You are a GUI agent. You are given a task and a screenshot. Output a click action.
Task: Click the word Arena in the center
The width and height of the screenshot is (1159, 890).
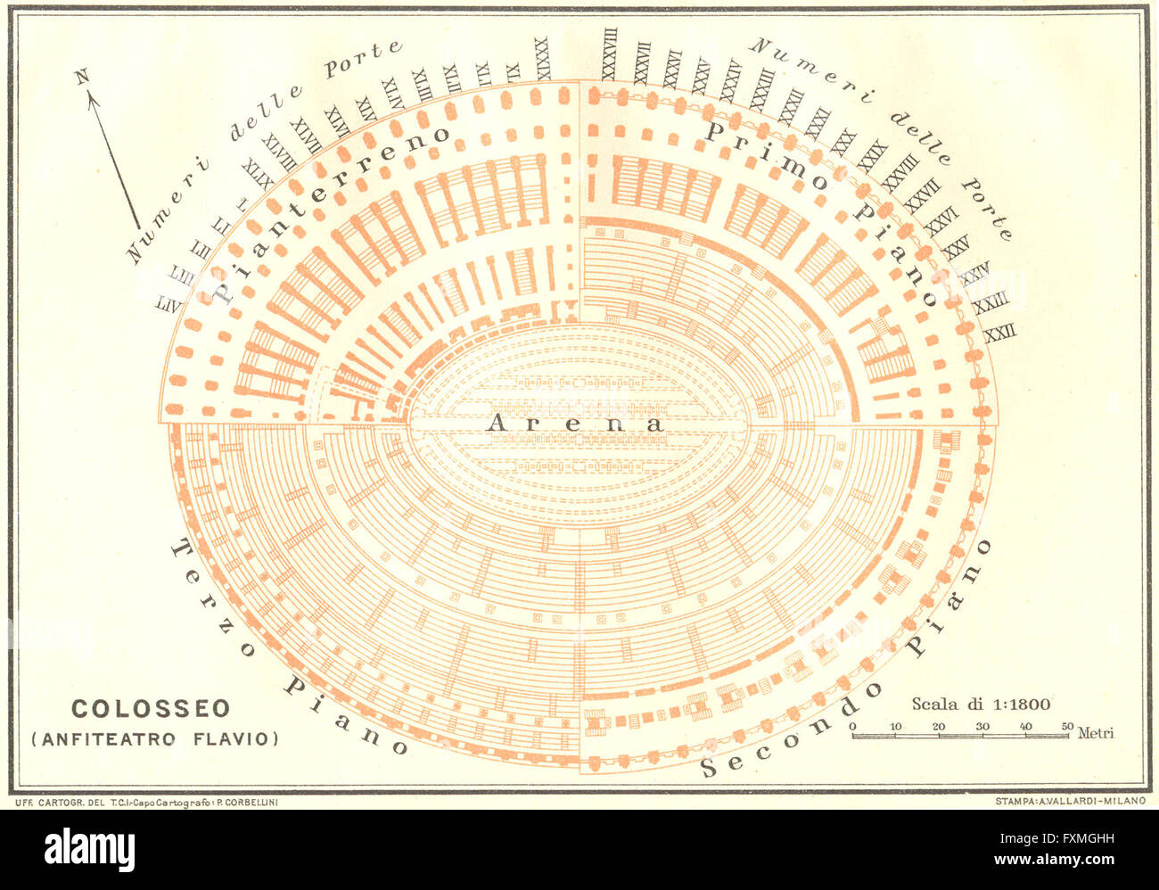click(575, 424)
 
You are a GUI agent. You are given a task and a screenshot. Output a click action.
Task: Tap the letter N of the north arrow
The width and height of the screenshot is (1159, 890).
click(83, 78)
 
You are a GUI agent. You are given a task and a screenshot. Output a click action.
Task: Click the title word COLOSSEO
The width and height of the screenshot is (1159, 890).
click(151, 709)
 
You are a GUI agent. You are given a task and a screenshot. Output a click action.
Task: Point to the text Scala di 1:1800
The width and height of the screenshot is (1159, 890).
click(980, 704)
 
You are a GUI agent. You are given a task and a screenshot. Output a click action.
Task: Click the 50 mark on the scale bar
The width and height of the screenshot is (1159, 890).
click(1068, 727)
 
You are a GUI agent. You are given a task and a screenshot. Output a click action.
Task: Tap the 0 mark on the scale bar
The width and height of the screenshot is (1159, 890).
click(852, 727)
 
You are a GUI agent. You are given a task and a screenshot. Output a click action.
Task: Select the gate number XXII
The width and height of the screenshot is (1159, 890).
click(999, 334)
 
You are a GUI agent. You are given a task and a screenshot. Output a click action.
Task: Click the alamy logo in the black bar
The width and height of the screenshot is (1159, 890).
click(89, 848)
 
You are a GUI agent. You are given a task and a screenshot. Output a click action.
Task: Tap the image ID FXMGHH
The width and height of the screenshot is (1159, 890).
click(1066, 839)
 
